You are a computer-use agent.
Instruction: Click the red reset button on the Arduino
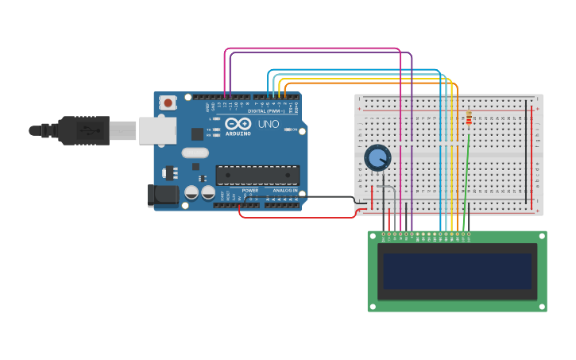click(168, 103)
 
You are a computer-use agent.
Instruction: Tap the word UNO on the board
click(269, 125)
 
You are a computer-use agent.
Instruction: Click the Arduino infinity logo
click(238, 123)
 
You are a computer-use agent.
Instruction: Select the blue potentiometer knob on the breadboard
click(377, 157)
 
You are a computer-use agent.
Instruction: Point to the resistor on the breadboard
click(469, 118)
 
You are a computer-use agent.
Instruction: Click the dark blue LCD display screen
click(457, 271)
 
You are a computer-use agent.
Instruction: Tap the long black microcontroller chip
click(257, 175)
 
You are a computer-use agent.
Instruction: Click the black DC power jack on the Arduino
click(163, 195)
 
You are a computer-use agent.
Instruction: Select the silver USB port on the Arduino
click(157, 130)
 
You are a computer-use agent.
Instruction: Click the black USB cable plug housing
click(83, 130)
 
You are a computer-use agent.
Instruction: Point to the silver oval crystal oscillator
click(195, 153)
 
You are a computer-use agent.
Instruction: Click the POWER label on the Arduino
click(250, 191)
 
